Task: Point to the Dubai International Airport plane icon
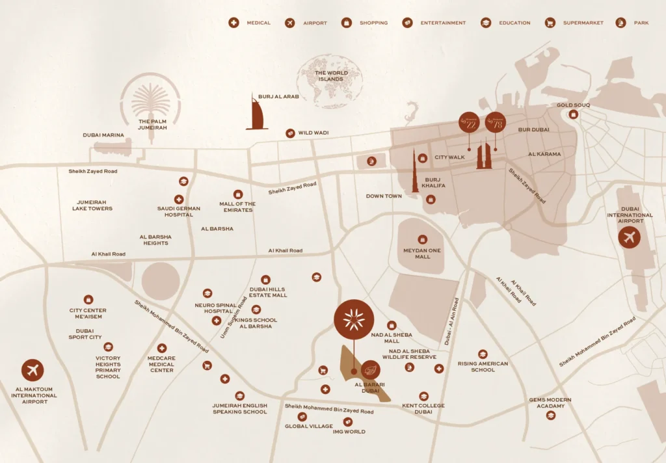pyautogui.click(x=629, y=237)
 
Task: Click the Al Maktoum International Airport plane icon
pyautogui.click(x=33, y=370)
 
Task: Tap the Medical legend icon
pyautogui.click(x=233, y=23)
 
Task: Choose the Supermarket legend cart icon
pyautogui.click(x=550, y=23)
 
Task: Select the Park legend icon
pyautogui.click(x=620, y=23)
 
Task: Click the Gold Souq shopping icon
pyautogui.click(x=573, y=114)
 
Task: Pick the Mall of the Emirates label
pyautogui.click(x=237, y=207)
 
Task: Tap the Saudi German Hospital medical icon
pyautogui.click(x=178, y=199)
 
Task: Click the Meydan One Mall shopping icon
pyautogui.click(x=423, y=239)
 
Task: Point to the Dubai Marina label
pyautogui.click(x=103, y=135)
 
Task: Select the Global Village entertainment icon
pyautogui.click(x=302, y=417)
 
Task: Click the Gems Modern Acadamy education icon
pyautogui.click(x=551, y=415)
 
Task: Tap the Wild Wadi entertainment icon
pyautogui.click(x=290, y=133)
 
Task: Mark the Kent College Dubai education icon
pyautogui.click(x=423, y=396)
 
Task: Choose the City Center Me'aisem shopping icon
pyautogui.click(x=88, y=300)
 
